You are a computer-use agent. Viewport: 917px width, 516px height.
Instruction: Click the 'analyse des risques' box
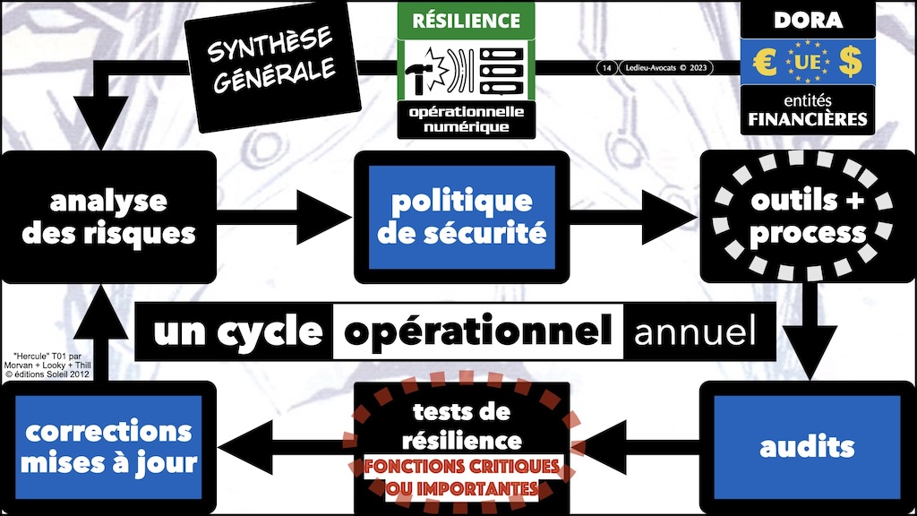click(x=108, y=217)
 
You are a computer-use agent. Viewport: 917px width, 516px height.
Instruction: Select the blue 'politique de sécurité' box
click(x=461, y=217)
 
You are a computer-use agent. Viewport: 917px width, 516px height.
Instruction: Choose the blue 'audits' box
click(x=807, y=446)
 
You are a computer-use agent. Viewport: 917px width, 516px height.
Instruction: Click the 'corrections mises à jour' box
click(x=108, y=447)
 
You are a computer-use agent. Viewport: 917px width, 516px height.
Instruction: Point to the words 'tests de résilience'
click(x=462, y=426)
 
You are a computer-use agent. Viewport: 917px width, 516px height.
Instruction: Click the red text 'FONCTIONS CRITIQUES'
click(x=462, y=467)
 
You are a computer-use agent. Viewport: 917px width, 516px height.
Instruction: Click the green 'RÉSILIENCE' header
click(x=466, y=20)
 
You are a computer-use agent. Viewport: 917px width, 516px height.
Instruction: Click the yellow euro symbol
click(x=766, y=64)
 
